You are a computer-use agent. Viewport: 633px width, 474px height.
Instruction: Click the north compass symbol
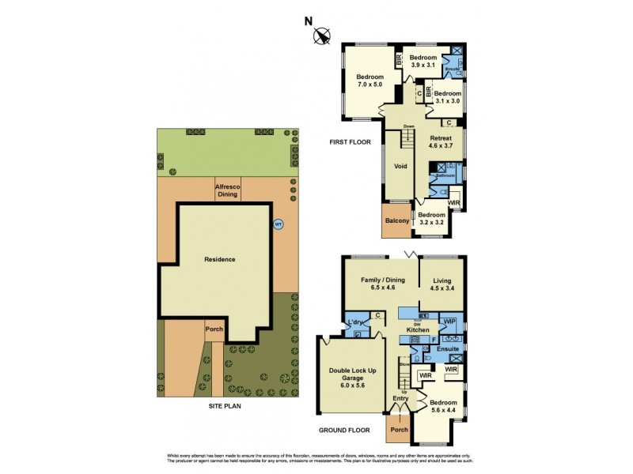pos(321,35)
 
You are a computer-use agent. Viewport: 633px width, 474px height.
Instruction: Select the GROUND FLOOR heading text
pos(343,430)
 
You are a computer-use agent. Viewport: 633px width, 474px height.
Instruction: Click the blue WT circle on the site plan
pos(278,224)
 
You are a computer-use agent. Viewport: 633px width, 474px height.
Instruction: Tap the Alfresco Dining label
pos(228,190)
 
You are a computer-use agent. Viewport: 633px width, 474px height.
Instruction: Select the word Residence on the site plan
pos(220,259)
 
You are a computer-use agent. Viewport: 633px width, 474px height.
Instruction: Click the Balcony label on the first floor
pos(396,221)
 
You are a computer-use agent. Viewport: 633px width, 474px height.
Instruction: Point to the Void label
pos(400,167)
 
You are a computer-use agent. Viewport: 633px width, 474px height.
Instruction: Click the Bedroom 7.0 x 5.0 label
pos(369,80)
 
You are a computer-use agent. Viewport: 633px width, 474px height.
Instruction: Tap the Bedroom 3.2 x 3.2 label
pos(431,219)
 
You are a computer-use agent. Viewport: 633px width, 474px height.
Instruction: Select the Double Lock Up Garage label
pos(354,378)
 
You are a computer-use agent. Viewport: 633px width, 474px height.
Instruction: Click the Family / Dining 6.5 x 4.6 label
pos(383,284)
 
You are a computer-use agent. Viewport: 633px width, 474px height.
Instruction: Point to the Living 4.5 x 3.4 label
pos(443,284)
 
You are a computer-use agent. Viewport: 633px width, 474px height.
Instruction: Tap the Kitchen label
pos(418,329)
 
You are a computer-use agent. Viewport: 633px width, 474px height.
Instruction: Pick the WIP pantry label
pos(449,322)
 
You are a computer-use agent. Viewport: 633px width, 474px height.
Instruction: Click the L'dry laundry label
pos(355,322)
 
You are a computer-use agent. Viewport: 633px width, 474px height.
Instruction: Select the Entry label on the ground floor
pos(401,398)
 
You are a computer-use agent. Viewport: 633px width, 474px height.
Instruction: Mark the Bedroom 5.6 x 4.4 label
pos(443,406)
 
